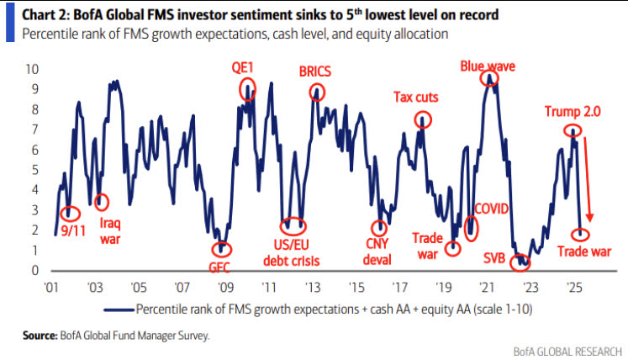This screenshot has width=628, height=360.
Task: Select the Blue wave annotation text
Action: [x=488, y=65]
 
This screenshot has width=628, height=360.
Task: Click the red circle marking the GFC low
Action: [x=221, y=249]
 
